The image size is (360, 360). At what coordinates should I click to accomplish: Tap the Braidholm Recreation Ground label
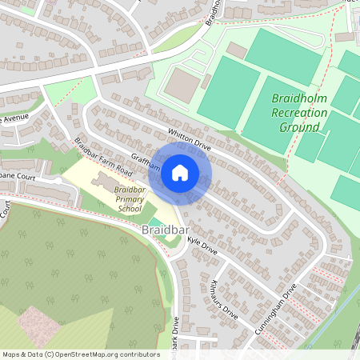300,112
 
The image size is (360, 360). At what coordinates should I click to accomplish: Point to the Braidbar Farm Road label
102,156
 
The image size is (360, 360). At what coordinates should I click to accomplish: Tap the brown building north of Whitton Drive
185,85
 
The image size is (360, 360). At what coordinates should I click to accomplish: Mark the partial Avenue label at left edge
14,118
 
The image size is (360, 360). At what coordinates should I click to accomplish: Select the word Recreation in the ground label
300,112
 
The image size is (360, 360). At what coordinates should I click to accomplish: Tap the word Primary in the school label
128,198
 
